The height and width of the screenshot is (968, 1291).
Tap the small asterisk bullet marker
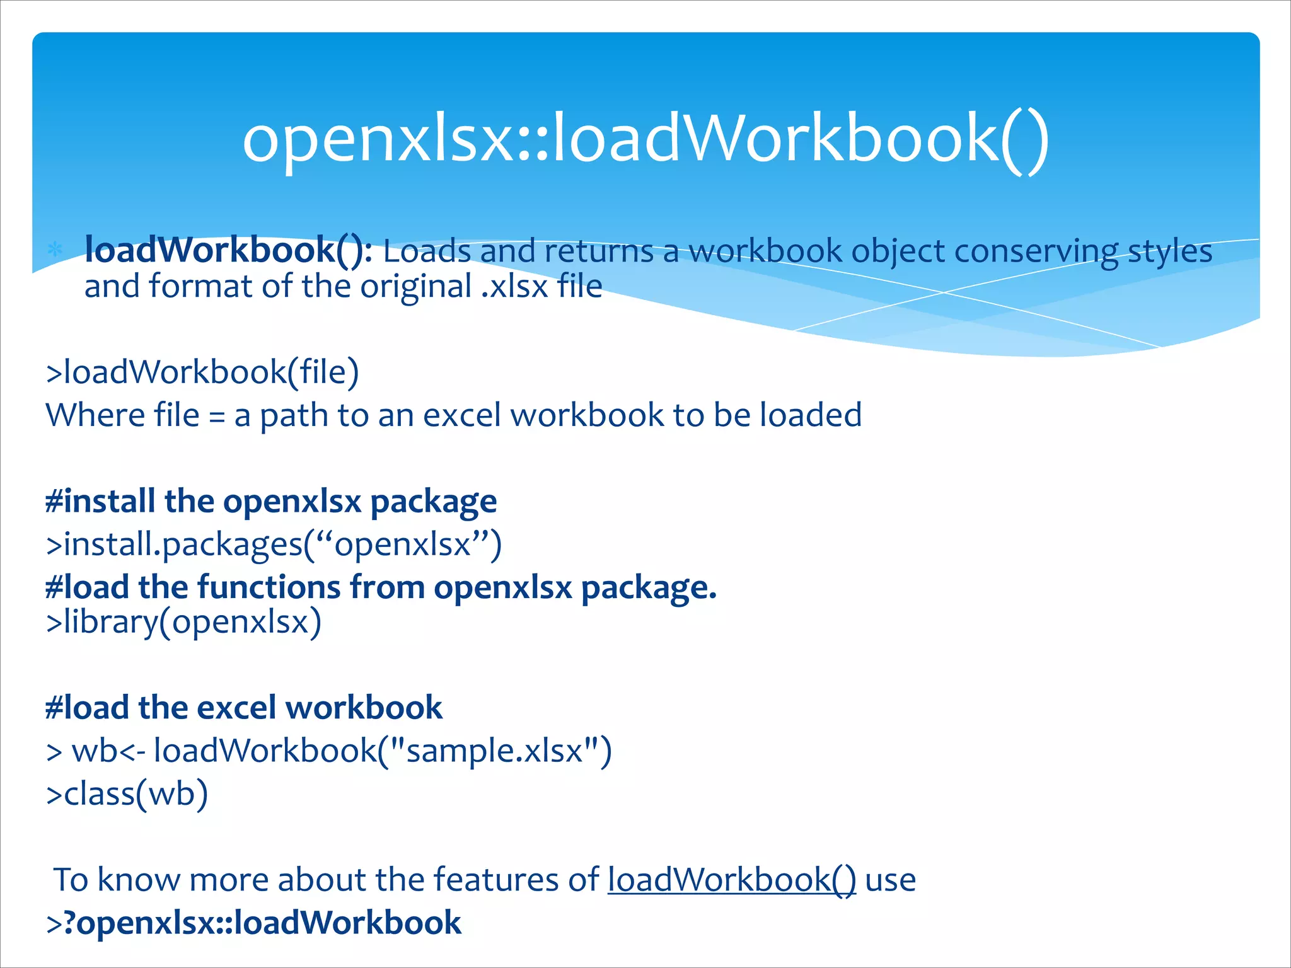point(55,250)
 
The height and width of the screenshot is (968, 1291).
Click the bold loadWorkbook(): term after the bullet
point(228,250)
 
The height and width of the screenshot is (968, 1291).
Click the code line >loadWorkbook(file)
point(202,372)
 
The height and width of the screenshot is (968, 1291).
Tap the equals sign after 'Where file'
point(217,416)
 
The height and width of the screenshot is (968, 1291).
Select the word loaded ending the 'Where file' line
point(811,415)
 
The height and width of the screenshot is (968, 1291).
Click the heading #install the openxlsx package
point(271,502)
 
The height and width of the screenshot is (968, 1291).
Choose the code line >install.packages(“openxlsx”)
point(274,544)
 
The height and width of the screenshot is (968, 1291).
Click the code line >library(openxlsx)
point(183,623)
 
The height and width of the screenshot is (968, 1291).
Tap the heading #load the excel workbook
point(244,708)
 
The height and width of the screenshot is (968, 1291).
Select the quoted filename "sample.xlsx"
point(494,751)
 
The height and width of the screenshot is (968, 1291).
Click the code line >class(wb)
point(127,793)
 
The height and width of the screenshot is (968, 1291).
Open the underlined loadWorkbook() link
point(732,880)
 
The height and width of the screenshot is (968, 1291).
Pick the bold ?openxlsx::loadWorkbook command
point(262,923)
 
